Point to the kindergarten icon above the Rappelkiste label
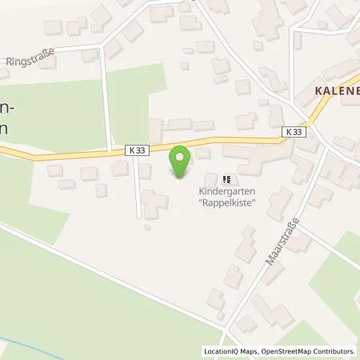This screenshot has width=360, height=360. click(226, 179)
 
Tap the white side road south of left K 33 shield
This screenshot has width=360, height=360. click(139, 188)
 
